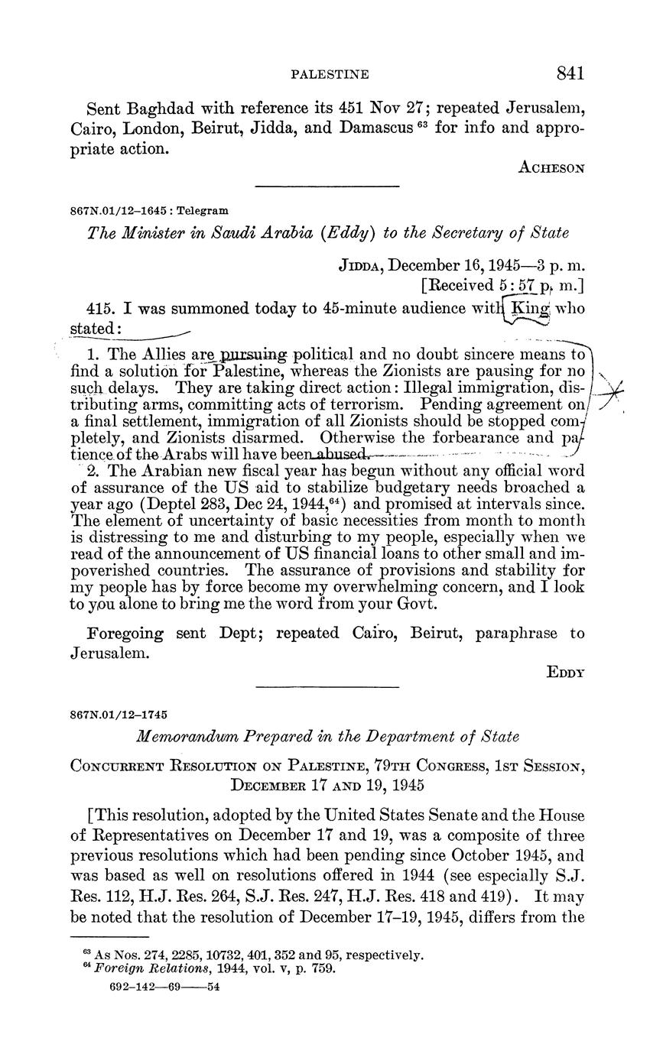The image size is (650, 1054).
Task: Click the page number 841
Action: [570, 73]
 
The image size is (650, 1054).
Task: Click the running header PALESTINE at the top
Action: [330, 74]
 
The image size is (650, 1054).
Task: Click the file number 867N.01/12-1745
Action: [119, 715]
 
